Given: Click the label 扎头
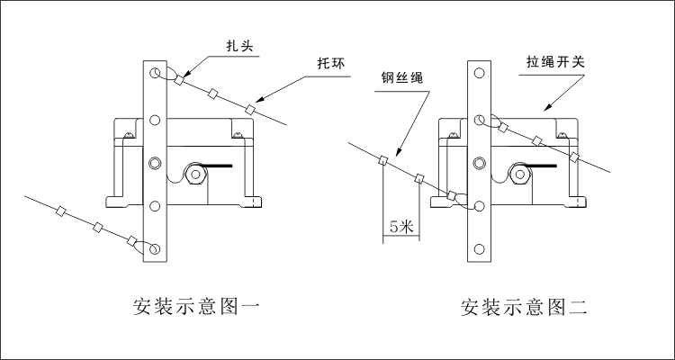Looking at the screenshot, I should (x=238, y=43).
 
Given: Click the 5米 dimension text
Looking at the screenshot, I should (x=400, y=227).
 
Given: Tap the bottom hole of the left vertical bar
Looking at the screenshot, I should (x=156, y=249).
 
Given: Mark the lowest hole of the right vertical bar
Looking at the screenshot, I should (x=482, y=249).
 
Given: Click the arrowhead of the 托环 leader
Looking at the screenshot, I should (x=256, y=101).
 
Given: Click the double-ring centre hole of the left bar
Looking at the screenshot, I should (x=156, y=162).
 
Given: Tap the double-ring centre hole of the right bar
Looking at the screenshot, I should (x=482, y=162).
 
